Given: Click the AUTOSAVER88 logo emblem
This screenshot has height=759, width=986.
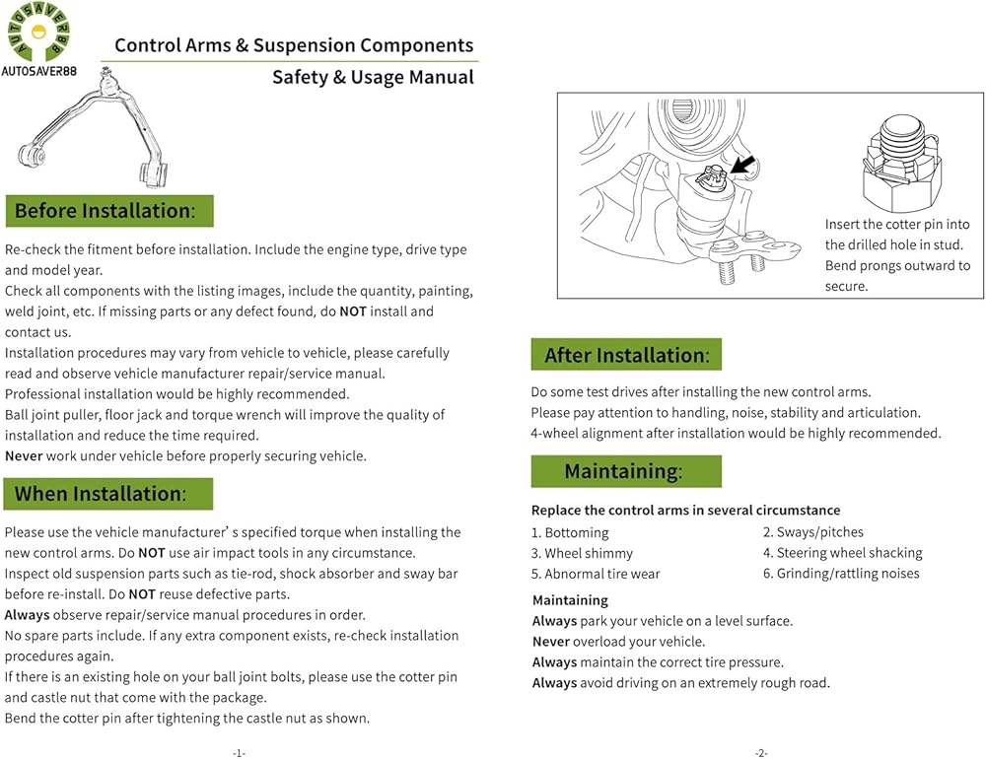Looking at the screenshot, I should [x=35, y=34].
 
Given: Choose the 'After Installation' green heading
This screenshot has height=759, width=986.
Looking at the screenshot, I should [x=625, y=355].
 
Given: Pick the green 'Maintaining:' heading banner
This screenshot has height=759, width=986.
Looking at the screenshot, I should [x=625, y=472].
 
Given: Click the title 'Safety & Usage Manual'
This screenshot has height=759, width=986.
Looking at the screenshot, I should [x=373, y=77].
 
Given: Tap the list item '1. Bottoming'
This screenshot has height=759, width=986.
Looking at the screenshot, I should [x=570, y=532].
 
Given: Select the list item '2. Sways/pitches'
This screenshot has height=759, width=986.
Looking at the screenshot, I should [x=812, y=532].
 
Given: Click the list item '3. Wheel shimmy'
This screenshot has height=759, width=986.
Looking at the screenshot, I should [x=582, y=553].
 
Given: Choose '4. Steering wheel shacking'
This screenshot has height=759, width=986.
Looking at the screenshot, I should [x=842, y=553].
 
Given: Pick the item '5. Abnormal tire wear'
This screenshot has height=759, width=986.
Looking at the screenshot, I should [x=596, y=574].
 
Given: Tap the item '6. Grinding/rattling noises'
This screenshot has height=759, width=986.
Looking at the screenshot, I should [x=840, y=574].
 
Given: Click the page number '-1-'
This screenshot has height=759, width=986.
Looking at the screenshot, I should [x=238, y=753].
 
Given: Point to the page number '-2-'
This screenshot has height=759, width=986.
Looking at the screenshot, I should [x=760, y=753].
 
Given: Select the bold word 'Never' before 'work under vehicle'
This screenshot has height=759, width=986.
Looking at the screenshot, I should [x=24, y=455].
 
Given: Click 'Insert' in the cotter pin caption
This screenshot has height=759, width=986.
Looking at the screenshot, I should [x=844, y=225].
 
